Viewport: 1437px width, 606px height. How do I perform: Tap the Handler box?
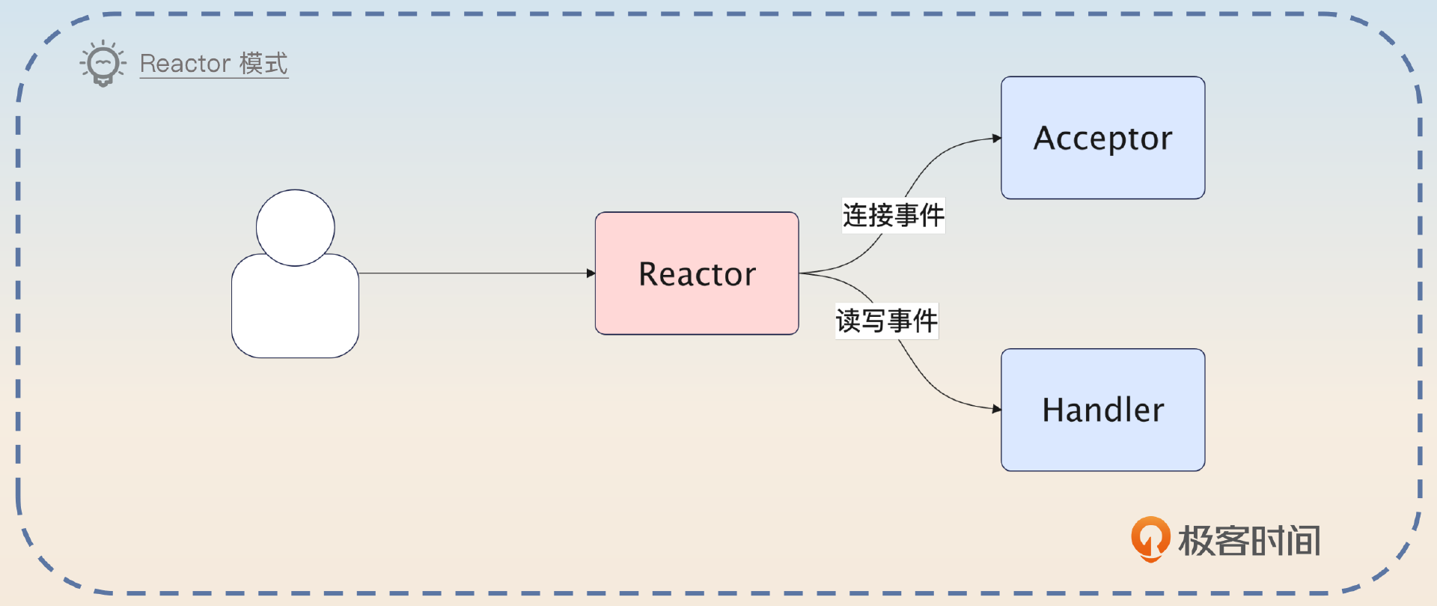click(1102, 446)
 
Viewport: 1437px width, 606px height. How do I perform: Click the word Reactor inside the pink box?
click(697, 274)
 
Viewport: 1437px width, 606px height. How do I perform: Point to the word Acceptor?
click(1102, 139)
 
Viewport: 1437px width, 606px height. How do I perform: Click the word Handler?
click(1102, 410)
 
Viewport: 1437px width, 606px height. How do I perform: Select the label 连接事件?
click(893, 216)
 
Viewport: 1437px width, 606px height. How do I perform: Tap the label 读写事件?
click(886, 321)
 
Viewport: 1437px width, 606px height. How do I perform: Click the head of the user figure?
click(295, 228)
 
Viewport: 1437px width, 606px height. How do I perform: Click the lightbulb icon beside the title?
click(103, 63)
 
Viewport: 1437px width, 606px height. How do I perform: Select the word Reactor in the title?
click(185, 64)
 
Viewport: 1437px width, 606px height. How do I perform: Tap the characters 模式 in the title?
click(263, 64)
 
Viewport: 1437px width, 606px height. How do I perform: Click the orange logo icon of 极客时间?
click(1150, 539)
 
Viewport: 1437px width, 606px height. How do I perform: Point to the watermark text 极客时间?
click(1249, 541)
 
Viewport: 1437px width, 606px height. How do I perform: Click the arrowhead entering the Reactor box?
click(591, 273)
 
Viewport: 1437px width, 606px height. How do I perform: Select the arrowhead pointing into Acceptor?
click(996, 138)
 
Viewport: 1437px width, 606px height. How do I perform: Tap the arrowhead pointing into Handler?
click(996, 409)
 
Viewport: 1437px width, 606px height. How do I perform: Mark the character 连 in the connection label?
click(855, 216)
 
